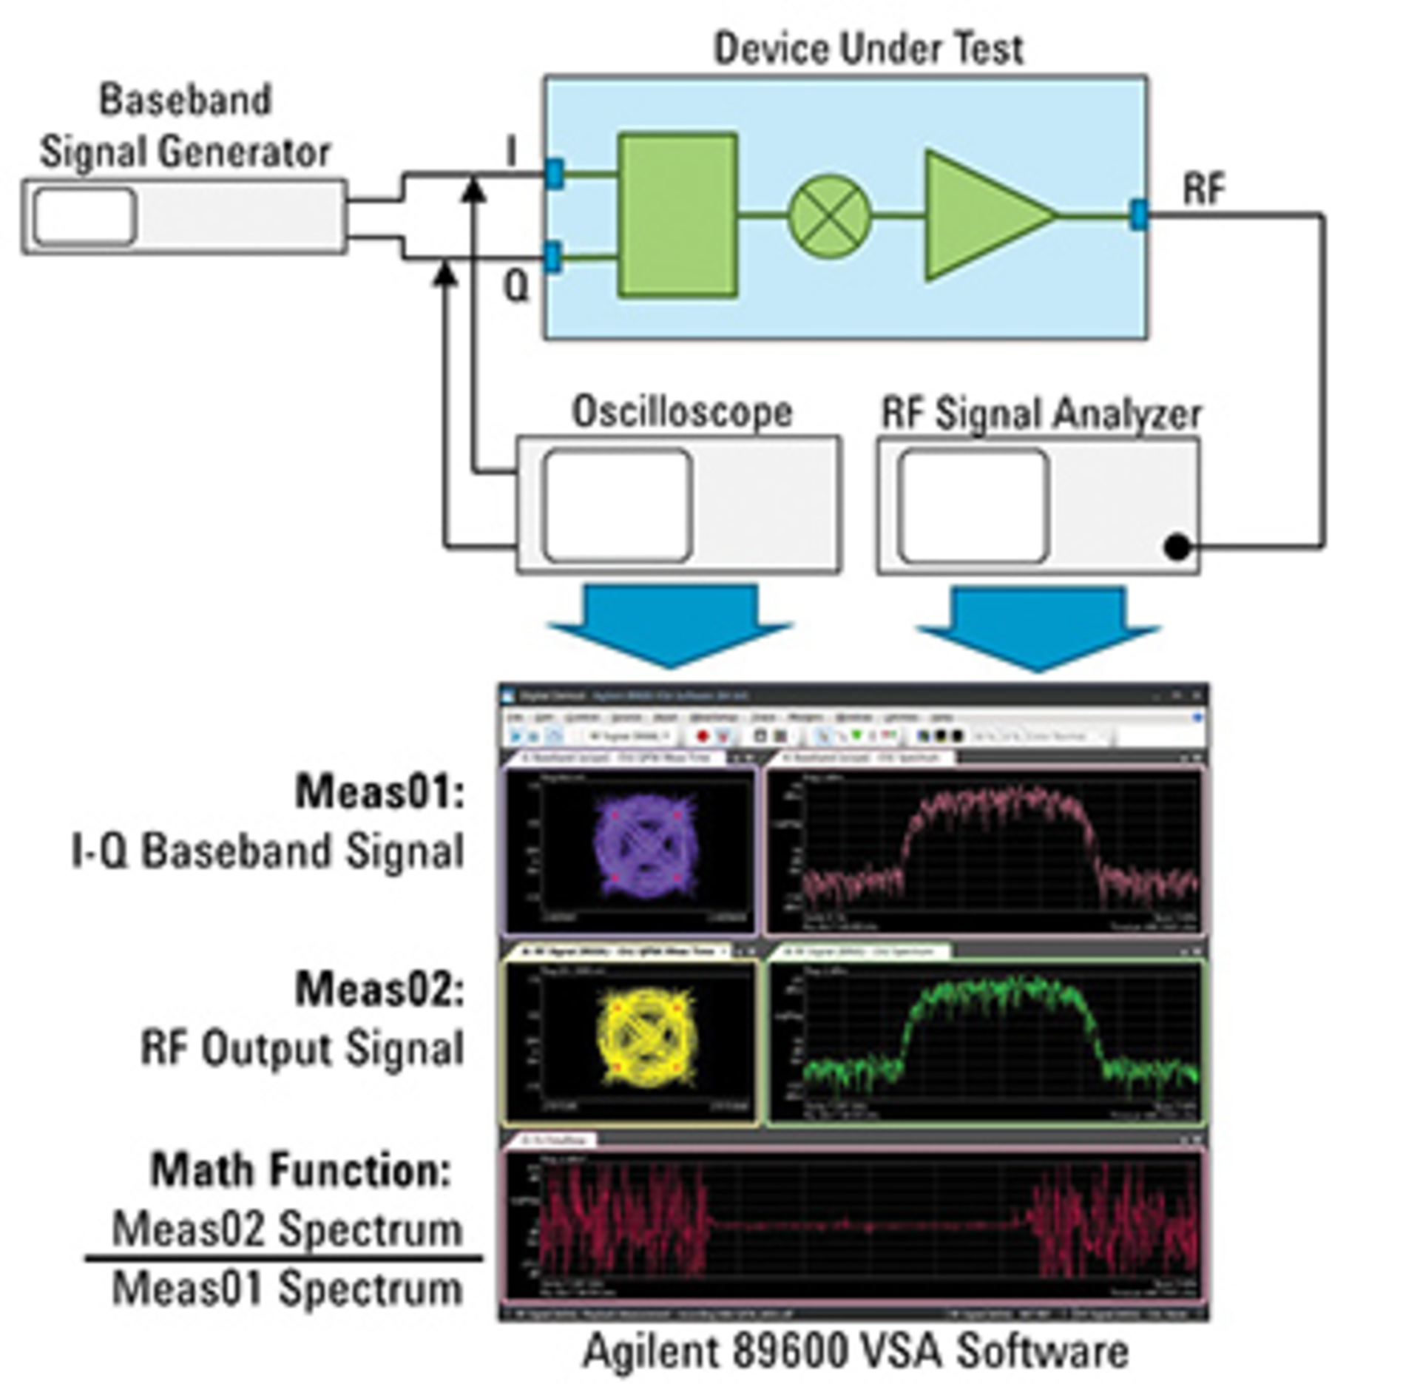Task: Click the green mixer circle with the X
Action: click(x=829, y=216)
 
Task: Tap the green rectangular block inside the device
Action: click(x=677, y=215)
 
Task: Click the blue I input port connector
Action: click(x=554, y=173)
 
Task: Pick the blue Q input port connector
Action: click(x=552, y=257)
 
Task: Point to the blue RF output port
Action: click(x=1139, y=215)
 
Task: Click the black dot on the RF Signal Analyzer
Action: click(x=1177, y=547)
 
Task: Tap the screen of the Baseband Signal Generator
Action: click(x=85, y=216)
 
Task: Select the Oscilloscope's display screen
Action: click(x=618, y=505)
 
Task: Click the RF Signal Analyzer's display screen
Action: click(x=973, y=505)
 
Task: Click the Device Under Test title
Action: click(x=868, y=49)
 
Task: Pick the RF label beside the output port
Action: click(x=1204, y=189)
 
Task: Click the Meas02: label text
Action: click(x=379, y=989)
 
